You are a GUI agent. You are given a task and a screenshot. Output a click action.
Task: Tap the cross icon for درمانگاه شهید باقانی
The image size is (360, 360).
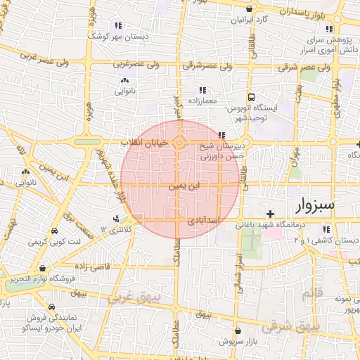tap(270, 213)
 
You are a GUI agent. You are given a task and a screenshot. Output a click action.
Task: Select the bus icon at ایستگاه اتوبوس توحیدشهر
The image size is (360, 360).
tap(251, 98)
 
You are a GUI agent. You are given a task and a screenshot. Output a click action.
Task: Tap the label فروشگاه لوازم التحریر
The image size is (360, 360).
tap(42, 278)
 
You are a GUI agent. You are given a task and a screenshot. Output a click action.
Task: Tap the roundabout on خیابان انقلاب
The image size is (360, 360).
tap(179, 143)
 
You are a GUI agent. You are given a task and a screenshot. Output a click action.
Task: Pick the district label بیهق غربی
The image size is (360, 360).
tap(134, 298)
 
